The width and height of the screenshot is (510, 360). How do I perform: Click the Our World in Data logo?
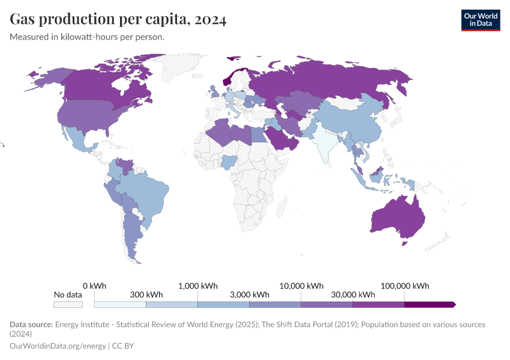[x=480, y=20]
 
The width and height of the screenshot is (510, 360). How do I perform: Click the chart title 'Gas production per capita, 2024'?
[x=118, y=20]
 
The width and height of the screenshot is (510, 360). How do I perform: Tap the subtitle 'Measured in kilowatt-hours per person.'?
[x=87, y=37]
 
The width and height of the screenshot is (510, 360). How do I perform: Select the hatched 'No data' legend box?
[x=67, y=305]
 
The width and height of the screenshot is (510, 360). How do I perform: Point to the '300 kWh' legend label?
[x=146, y=295]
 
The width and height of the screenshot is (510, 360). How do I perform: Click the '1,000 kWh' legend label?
[x=198, y=286]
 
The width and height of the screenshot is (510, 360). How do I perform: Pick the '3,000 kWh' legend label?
[x=250, y=295]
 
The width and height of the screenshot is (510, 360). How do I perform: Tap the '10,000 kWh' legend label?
[x=302, y=286]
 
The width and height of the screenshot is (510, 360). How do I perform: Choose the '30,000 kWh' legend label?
[x=353, y=295]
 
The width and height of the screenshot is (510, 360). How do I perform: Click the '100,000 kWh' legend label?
[x=405, y=286]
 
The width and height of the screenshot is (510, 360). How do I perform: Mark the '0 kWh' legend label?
[x=95, y=286]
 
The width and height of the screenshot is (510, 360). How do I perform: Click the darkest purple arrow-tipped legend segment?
[x=429, y=305]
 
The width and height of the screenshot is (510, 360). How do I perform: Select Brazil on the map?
[x=147, y=192]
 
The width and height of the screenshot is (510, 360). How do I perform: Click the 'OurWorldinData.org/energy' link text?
[x=58, y=346]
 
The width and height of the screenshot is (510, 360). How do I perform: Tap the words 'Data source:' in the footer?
[x=31, y=324]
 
